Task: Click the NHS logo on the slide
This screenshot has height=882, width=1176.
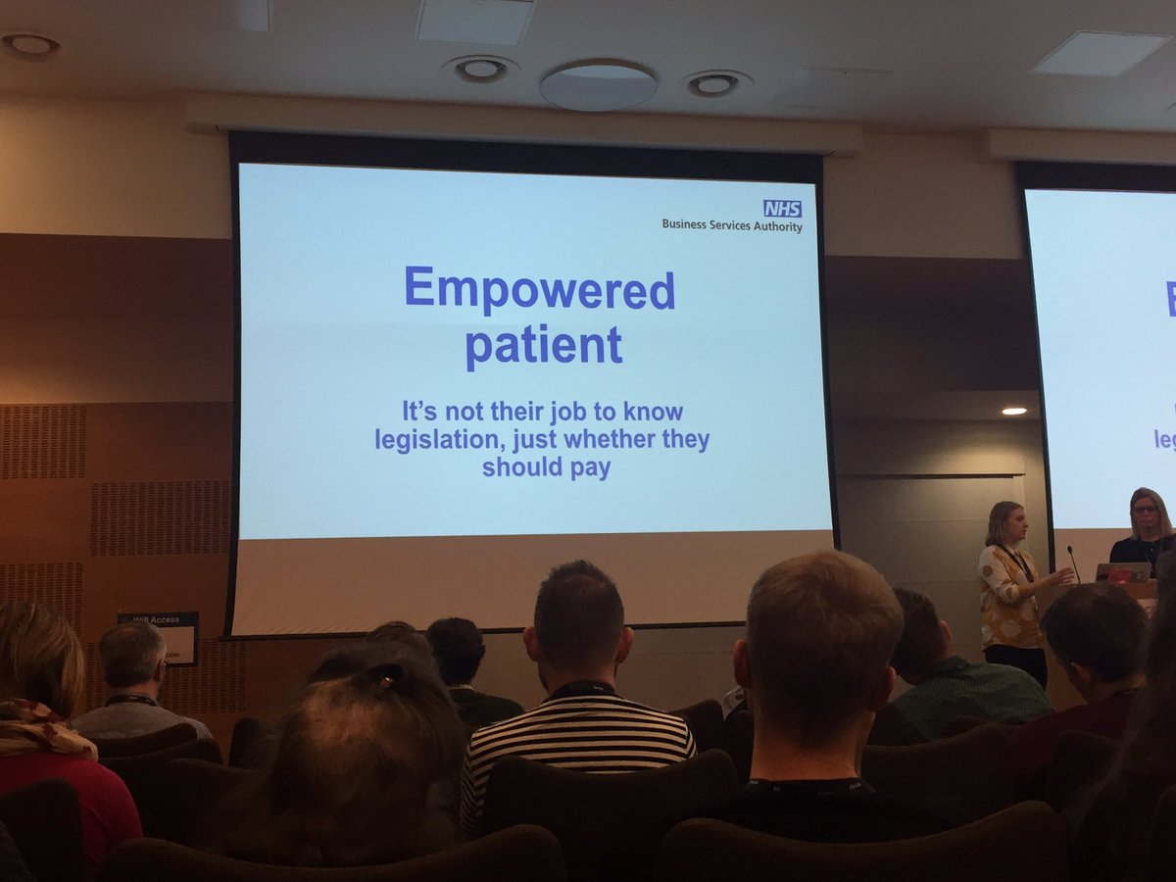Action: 782,208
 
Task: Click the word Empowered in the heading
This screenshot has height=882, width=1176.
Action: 539,289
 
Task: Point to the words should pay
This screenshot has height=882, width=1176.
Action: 546,467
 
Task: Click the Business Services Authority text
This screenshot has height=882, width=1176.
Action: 731,225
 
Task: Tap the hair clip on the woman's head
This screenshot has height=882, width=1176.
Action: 389,676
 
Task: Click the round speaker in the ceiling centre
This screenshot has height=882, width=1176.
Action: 598,85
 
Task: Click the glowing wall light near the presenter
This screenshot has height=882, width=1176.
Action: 1013,411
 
